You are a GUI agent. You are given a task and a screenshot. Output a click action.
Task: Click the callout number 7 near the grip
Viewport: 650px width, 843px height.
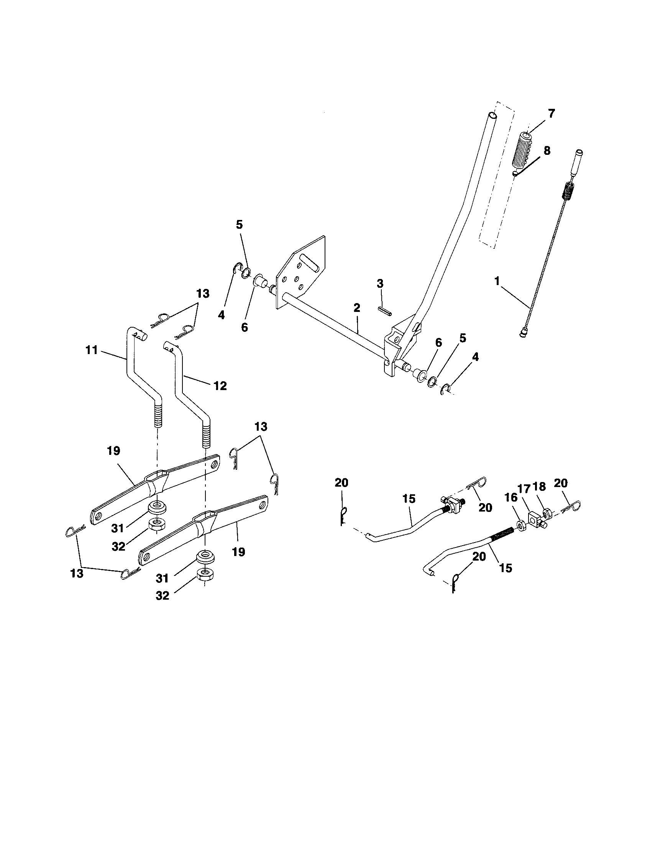pyautogui.click(x=551, y=114)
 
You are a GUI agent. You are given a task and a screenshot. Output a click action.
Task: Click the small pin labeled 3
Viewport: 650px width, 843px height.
pyautogui.click(x=384, y=311)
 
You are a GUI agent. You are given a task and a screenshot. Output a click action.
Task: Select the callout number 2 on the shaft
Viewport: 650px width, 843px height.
pyautogui.click(x=356, y=308)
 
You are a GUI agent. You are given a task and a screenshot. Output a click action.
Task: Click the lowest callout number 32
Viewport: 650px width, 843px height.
pyautogui.click(x=162, y=596)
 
